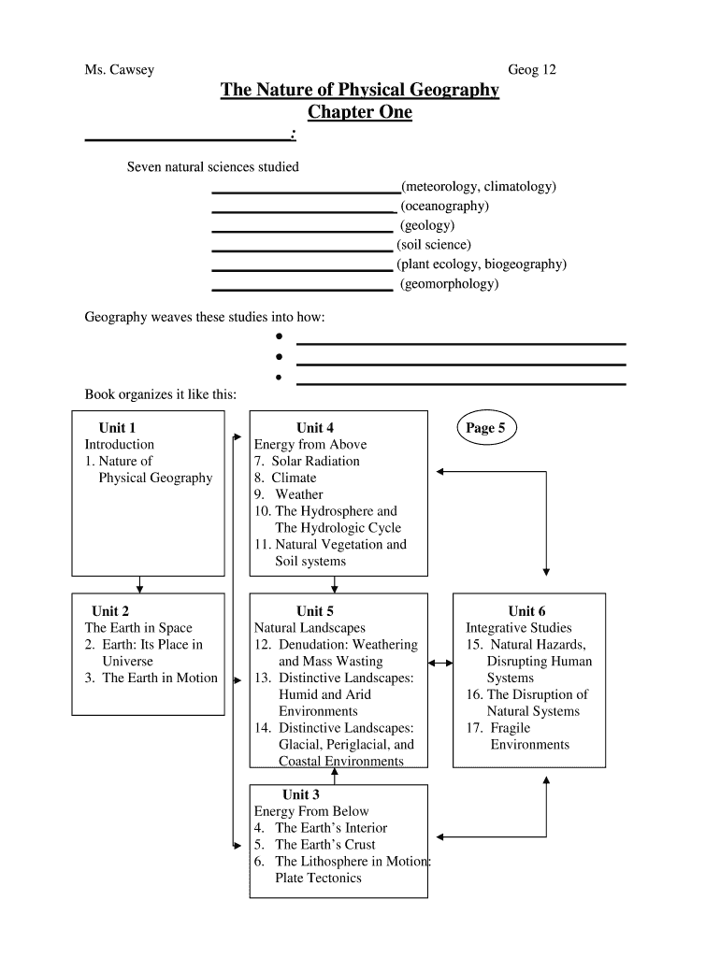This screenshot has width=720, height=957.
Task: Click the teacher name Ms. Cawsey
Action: tap(120, 70)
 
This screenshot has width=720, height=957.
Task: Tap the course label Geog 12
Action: tap(532, 70)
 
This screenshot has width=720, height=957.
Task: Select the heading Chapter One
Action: tap(360, 112)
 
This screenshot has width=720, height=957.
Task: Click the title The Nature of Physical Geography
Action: tap(360, 91)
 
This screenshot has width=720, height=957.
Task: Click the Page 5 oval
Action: tap(485, 428)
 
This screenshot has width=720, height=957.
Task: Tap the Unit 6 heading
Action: tap(527, 611)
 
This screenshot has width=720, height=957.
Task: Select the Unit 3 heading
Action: tap(301, 794)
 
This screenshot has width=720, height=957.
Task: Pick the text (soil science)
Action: tap(434, 245)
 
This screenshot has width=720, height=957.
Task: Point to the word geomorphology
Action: tap(450, 284)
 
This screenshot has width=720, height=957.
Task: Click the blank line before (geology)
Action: tap(302, 229)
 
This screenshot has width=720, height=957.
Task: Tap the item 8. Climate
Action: tap(285, 478)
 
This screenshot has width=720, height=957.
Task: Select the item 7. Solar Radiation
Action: tap(306, 461)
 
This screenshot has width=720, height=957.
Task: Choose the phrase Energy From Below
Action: tap(311, 811)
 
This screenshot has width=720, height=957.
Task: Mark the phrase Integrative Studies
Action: tap(519, 628)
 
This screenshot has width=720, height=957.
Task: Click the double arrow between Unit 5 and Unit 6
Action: tap(440, 663)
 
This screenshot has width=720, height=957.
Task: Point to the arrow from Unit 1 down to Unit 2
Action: tap(139, 584)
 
